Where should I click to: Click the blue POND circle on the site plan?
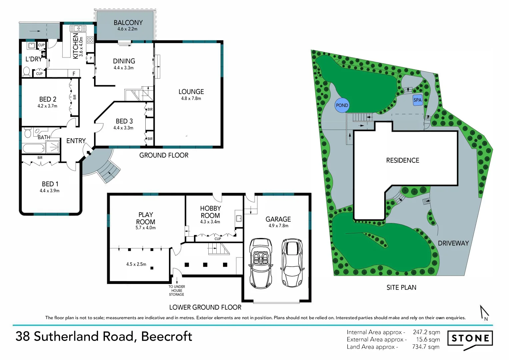click(x=342, y=105)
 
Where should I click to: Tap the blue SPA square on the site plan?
click(x=417, y=100)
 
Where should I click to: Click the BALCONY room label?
click(x=128, y=23)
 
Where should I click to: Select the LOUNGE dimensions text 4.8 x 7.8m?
click(x=191, y=98)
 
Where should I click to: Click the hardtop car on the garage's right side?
click(x=292, y=262)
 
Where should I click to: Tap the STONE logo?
click(x=470, y=339)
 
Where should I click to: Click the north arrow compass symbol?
click(x=484, y=313)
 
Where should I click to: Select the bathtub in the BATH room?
click(x=34, y=147)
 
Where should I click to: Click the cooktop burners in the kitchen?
click(x=90, y=40)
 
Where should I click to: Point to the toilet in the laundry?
click(x=26, y=71)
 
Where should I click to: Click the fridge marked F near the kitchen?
click(x=74, y=73)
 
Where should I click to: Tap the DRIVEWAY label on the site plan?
click(x=453, y=243)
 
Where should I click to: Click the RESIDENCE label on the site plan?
click(x=402, y=160)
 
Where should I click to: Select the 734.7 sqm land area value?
click(x=426, y=347)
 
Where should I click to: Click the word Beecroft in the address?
click(x=166, y=336)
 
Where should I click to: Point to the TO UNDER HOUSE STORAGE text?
click(x=177, y=290)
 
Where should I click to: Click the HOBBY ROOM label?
click(x=210, y=212)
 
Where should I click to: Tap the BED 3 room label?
click(x=124, y=121)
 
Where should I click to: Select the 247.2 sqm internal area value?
click(x=426, y=332)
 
